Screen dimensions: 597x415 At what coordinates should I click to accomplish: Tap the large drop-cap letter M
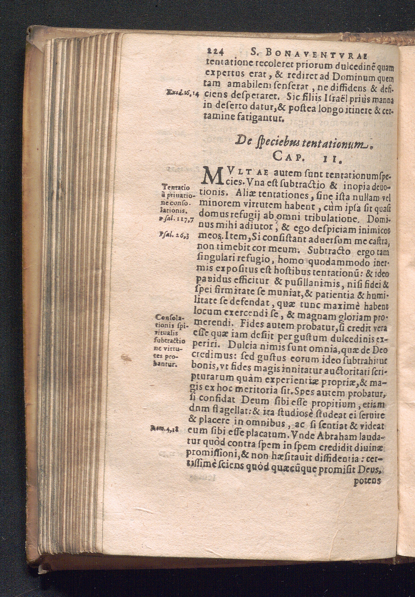pos(211,177)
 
